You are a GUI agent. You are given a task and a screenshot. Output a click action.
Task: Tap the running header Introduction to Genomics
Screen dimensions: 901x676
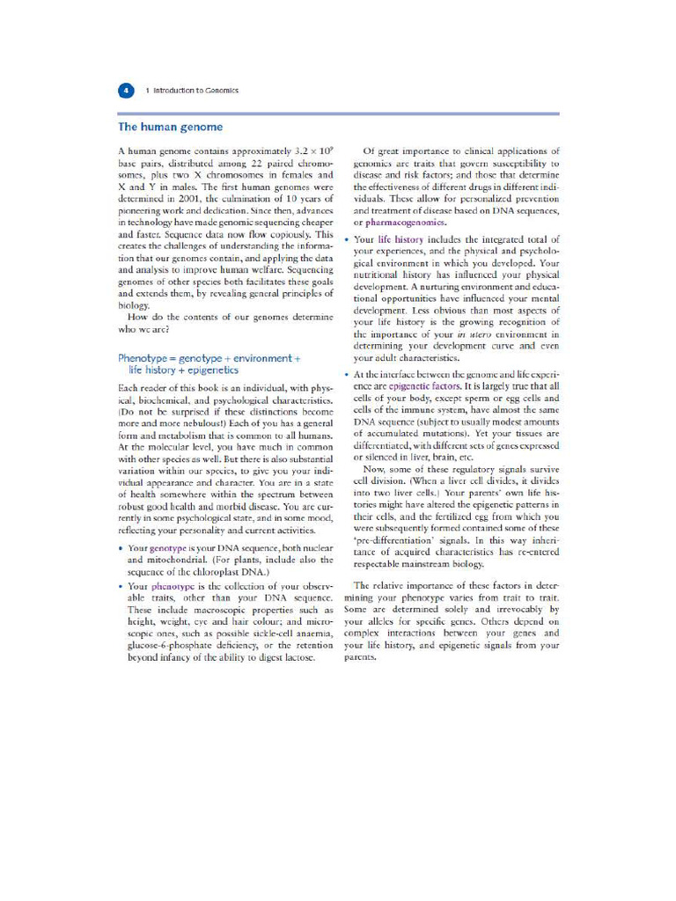coord(191,90)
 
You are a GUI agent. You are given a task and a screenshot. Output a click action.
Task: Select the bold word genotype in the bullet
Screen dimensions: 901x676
coord(170,548)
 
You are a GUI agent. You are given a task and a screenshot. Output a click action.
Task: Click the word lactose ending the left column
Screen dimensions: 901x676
coord(296,656)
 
